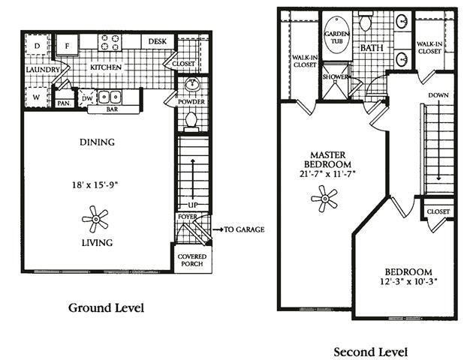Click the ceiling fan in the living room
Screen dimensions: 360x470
point(96,220)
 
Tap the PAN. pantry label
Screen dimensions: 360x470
point(64,103)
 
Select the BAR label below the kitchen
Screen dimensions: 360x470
point(113,109)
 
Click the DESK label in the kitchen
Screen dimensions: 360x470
point(157,42)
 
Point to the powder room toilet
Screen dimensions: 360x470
point(191,120)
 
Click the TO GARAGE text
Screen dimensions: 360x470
point(244,229)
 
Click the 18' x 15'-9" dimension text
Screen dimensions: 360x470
point(95,182)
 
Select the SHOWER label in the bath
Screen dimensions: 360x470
point(335,76)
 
